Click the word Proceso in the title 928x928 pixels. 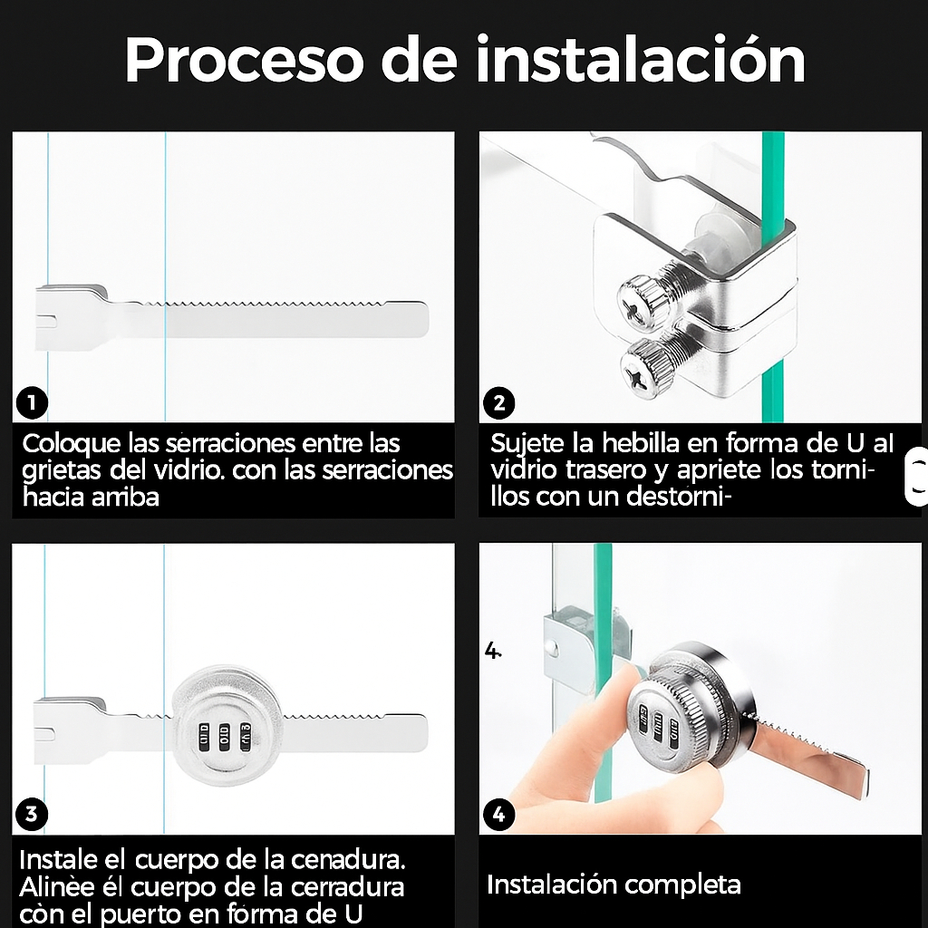(243, 61)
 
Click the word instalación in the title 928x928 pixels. (641, 58)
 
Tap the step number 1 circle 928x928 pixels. (32, 403)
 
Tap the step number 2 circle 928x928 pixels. (499, 403)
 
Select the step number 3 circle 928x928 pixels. (32, 815)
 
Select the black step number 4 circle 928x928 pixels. (499, 815)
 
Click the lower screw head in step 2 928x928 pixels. (646, 370)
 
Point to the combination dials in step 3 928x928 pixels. (225, 737)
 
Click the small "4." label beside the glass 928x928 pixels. (492, 651)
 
